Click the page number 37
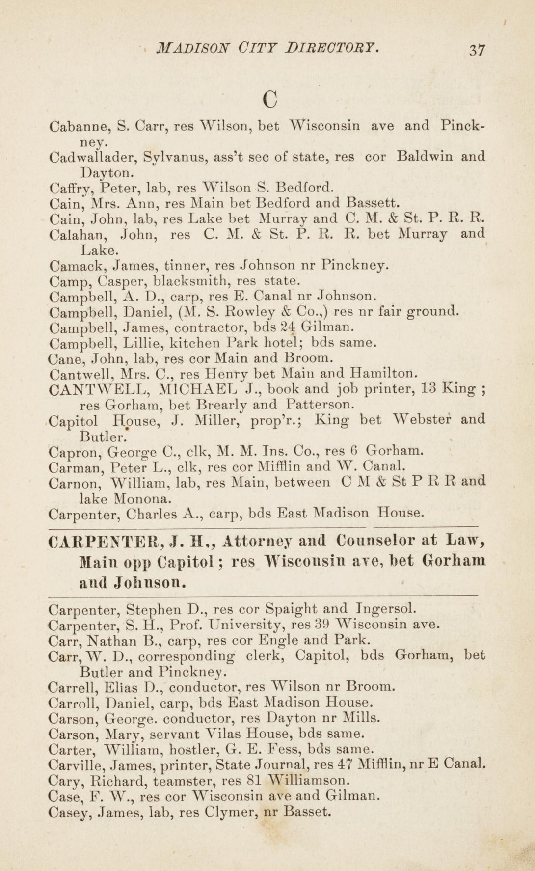[476, 51]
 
